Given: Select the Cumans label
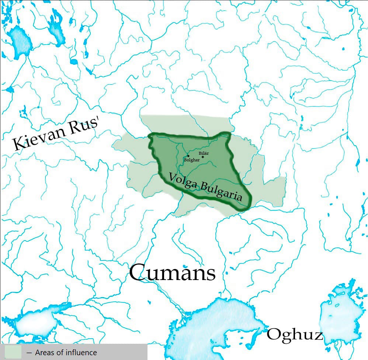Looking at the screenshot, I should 172,273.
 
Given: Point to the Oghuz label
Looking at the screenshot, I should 295,335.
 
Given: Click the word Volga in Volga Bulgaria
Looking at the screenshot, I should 183,181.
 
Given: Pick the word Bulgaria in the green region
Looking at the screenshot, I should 221,192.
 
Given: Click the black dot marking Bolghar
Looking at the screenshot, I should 188,156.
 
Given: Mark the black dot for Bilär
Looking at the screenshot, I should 203,157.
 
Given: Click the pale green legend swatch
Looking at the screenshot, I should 13,352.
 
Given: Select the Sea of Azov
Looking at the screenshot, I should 35,324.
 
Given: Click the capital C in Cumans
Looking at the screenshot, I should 139,273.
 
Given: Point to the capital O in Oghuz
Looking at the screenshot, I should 274,335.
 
